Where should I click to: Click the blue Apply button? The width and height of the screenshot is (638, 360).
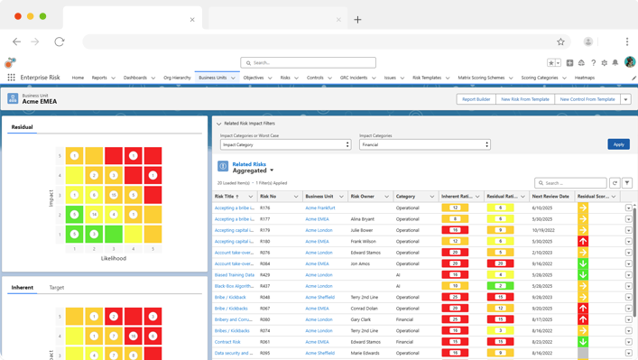pos(618,144)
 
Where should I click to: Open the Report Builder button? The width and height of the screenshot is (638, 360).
pos(476,99)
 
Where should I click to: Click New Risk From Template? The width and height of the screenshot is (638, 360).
pos(524,99)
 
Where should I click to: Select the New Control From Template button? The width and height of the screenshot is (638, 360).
pos(587,99)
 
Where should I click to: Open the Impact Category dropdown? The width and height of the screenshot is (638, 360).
pos(285,144)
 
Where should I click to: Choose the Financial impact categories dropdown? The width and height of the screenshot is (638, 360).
pos(424,144)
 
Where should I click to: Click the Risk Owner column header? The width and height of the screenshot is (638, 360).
pos(363,196)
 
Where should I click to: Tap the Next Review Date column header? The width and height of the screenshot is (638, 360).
pos(550,196)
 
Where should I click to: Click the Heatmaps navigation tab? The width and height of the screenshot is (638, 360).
pos(585,78)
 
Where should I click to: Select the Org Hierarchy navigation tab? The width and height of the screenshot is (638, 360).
pos(177,78)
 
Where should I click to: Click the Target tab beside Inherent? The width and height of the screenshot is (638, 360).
pos(57,288)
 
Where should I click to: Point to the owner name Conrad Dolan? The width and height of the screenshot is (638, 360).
pos(364,309)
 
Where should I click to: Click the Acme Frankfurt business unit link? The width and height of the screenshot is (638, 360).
pos(319,208)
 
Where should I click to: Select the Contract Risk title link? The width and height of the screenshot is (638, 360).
pos(227,342)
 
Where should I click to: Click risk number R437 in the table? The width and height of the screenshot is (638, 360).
pos(265,286)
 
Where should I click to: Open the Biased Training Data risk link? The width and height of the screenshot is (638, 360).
pos(234,275)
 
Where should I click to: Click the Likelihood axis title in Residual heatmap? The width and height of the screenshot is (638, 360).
pos(114,257)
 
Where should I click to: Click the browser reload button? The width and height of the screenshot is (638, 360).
pos(60,42)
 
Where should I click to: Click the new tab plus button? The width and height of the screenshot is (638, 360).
pos(357,19)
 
